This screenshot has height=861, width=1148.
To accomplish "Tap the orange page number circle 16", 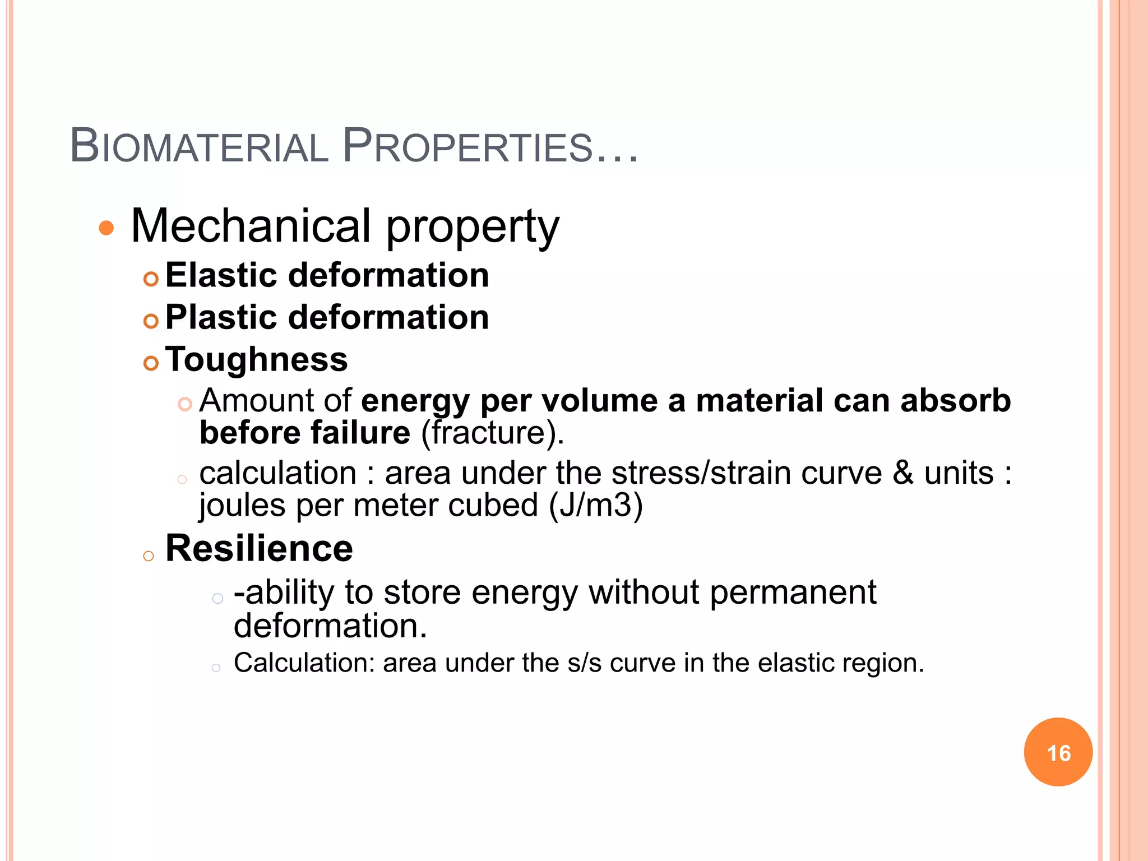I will (x=1058, y=752).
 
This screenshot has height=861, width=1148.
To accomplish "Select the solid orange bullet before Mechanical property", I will (x=106, y=228).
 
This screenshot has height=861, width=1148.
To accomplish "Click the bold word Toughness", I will (x=257, y=359).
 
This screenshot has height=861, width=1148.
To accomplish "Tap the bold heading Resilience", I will (x=259, y=548).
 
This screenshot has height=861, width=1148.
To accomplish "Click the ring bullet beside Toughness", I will (x=151, y=363).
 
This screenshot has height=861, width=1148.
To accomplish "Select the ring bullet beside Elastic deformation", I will (x=151, y=279).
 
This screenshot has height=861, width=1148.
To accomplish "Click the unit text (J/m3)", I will (x=595, y=506).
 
